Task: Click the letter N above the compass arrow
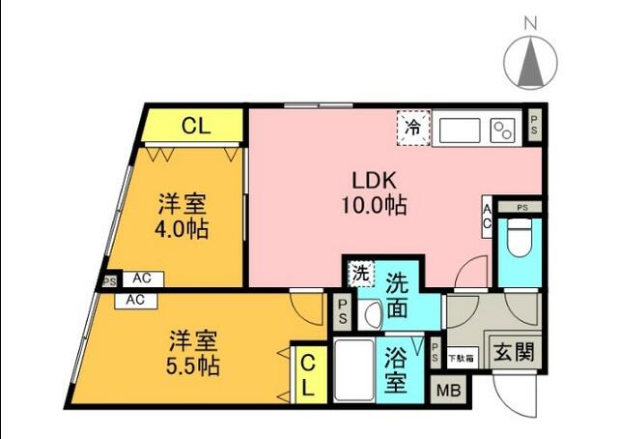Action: pyautogui.click(x=530, y=21)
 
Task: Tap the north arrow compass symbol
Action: pyautogui.click(x=530, y=64)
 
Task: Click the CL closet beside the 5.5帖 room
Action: pyautogui.click(x=306, y=376)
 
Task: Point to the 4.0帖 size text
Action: pyautogui.click(x=183, y=231)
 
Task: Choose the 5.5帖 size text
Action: pyautogui.click(x=194, y=367)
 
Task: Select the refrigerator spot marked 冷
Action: pyautogui.click(x=412, y=128)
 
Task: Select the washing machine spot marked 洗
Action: pyautogui.click(x=359, y=274)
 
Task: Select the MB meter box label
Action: pyautogui.click(x=449, y=391)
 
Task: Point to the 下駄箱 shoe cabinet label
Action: pyautogui.click(x=461, y=357)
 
